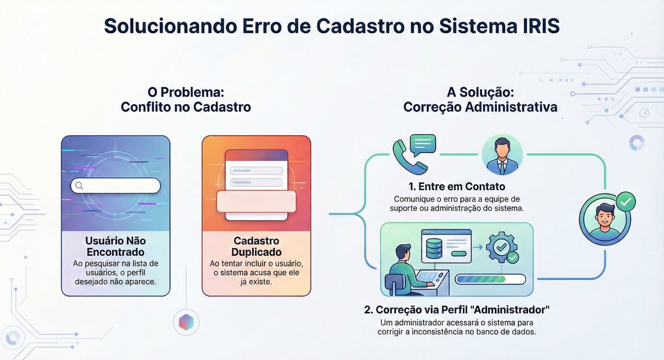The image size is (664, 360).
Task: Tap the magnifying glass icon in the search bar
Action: point(79,186)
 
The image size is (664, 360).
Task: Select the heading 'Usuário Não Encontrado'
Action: point(115,246)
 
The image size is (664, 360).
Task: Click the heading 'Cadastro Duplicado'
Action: point(256,246)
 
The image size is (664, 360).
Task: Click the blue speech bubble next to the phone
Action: point(423,145)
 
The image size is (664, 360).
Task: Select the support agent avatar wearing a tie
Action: point(502,155)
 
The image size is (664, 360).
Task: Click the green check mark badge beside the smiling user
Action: point(626,202)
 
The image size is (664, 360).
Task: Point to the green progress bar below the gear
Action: point(490,279)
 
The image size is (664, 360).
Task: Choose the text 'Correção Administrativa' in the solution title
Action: point(480,107)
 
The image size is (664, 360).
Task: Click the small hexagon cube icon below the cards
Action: point(186,323)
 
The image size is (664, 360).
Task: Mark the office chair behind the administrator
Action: point(393,283)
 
